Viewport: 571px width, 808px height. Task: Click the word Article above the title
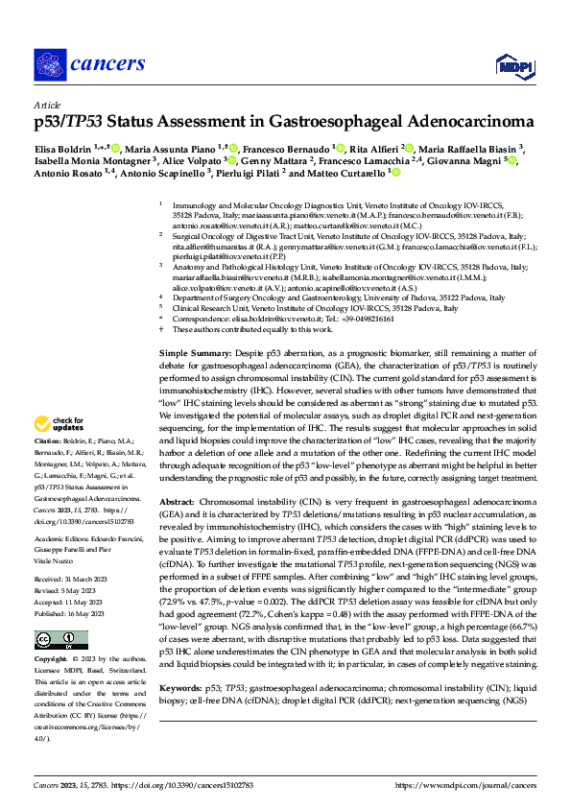[47, 105]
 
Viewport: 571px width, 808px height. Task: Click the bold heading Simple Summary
[190, 355]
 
